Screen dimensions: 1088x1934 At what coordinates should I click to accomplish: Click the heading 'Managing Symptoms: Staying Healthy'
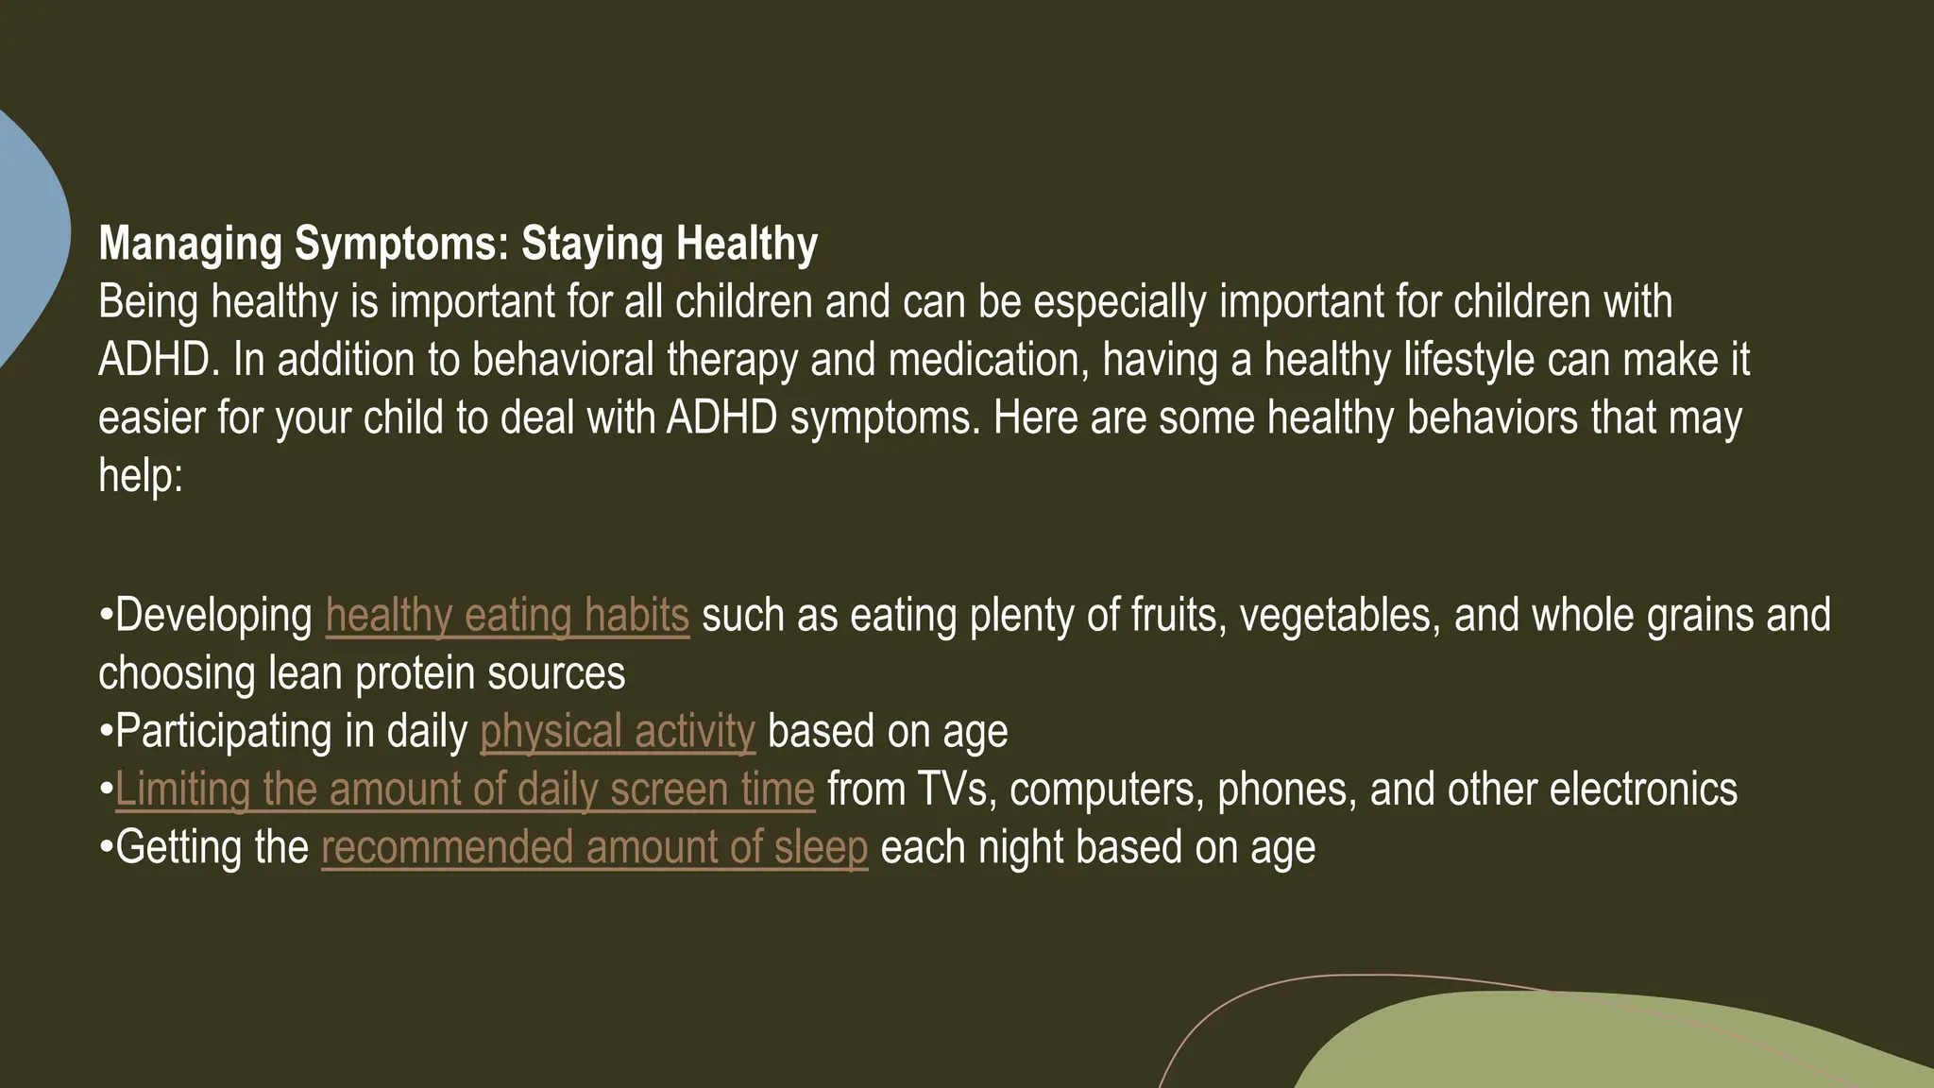tap(458, 244)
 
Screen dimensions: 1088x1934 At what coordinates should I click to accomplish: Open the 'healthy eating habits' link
tap(507, 616)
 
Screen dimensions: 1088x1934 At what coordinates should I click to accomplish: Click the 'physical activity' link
tap(618, 732)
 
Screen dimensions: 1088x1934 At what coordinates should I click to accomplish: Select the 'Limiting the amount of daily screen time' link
tap(465, 790)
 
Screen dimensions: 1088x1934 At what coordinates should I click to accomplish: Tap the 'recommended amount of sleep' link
tap(594, 848)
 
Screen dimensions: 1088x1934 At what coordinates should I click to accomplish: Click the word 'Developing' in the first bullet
tap(213, 616)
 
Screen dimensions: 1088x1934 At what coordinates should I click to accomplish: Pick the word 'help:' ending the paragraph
tap(141, 476)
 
